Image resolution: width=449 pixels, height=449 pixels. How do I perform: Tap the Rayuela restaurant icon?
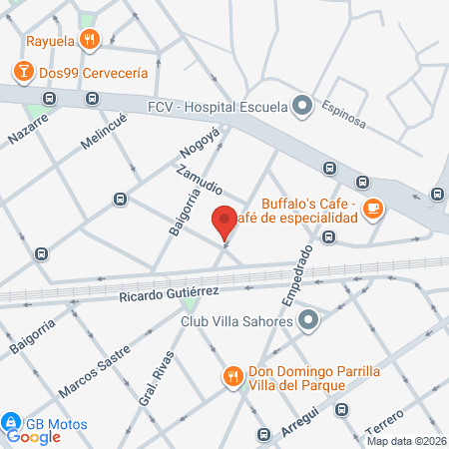coord(91,40)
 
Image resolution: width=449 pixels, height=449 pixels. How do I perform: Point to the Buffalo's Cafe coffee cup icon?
coord(372,209)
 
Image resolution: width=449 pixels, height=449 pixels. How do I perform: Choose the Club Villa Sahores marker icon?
coord(309,321)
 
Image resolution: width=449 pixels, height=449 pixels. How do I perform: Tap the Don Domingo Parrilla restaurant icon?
coord(232,376)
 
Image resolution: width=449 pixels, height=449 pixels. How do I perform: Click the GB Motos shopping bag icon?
coord(12,421)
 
